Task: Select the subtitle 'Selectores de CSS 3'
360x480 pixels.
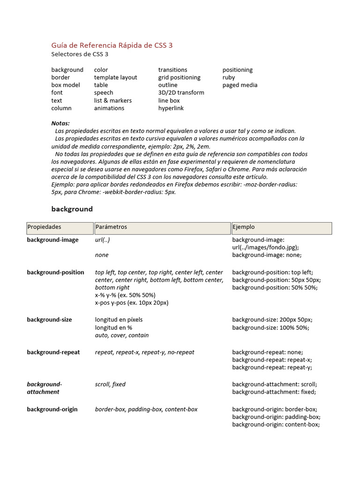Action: pyautogui.click(x=80, y=54)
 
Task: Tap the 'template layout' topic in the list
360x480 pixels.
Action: pyautogui.click(x=115, y=77)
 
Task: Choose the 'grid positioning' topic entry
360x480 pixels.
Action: pyautogui.click(x=179, y=77)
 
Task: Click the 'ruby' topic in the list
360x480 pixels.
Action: pyautogui.click(x=229, y=77)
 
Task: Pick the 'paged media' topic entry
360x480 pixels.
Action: pyautogui.click(x=240, y=85)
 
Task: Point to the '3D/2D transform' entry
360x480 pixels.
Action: pyautogui.click(x=181, y=93)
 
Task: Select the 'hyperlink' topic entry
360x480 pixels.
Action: pyautogui.click(x=171, y=108)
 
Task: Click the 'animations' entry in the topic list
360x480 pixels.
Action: pyautogui.click(x=109, y=108)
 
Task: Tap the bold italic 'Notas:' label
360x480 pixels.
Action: pyautogui.click(x=60, y=123)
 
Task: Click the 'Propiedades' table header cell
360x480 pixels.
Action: pyautogui.click(x=60, y=227)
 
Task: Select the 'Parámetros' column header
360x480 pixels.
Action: pyautogui.click(x=162, y=227)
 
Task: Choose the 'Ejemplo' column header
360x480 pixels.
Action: pyautogui.click(x=281, y=227)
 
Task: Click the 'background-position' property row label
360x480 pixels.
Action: pyautogui.click(x=55, y=272)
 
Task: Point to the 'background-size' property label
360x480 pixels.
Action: pyautogui.click(x=49, y=320)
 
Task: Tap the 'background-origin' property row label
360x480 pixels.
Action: pyautogui.click(x=52, y=409)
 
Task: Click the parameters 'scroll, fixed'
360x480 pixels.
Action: pyautogui.click(x=110, y=384)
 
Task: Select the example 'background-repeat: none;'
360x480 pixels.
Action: pyautogui.click(x=267, y=352)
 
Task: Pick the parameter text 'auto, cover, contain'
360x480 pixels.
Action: pyautogui.click(x=122, y=336)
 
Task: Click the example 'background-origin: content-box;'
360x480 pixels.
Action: pyautogui.click(x=276, y=425)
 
